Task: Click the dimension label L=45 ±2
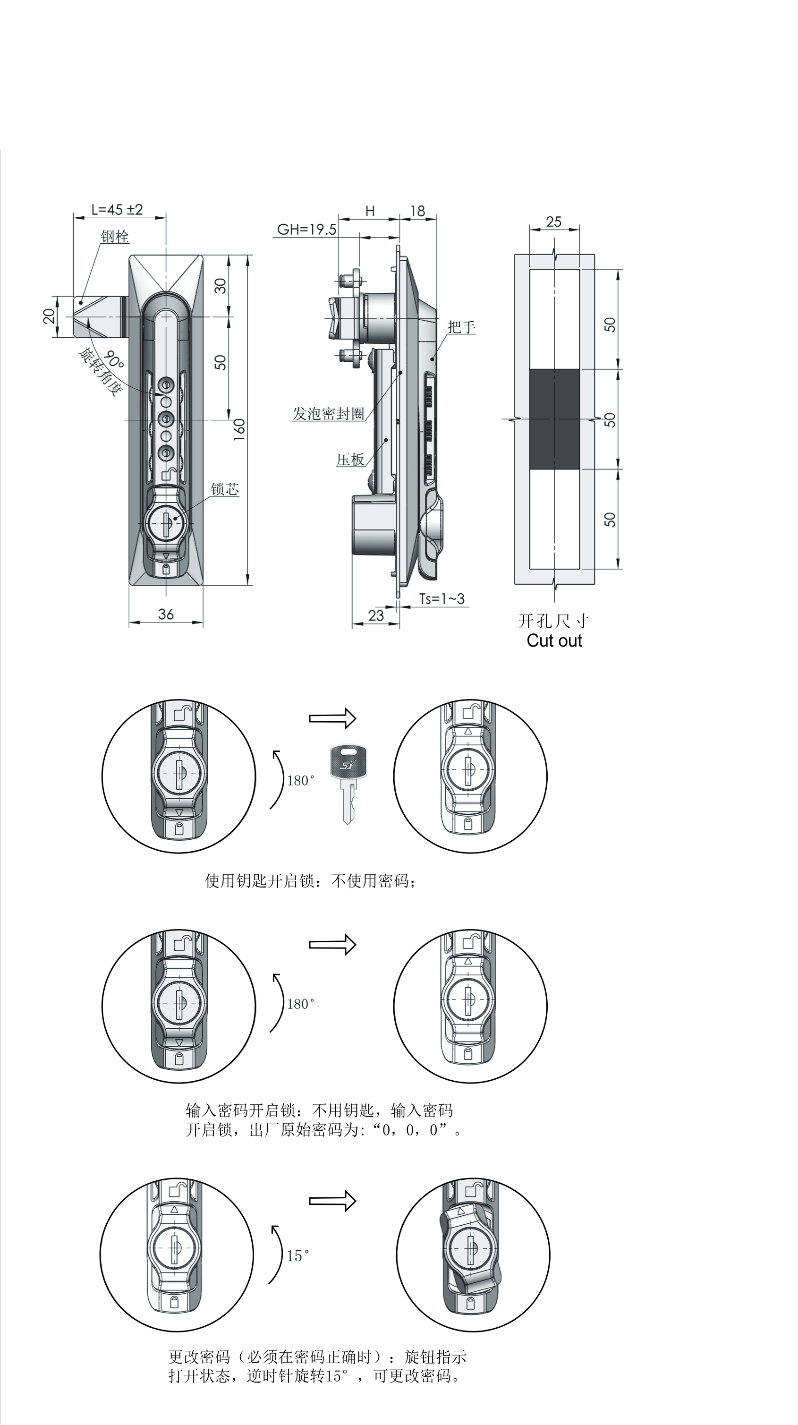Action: click(x=117, y=210)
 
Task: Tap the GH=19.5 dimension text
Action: click(x=306, y=230)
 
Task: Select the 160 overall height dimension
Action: click(x=239, y=429)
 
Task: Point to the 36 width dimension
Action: click(x=166, y=614)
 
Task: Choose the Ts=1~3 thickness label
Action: click(x=442, y=598)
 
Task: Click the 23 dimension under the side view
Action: click(x=376, y=616)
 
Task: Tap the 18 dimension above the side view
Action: click(x=417, y=211)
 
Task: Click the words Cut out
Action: click(x=554, y=640)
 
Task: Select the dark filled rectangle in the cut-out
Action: click(x=555, y=419)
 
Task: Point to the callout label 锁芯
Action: click(x=224, y=490)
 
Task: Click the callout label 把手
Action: click(x=462, y=327)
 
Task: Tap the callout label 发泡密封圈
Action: click(x=329, y=414)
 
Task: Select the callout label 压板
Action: click(x=351, y=459)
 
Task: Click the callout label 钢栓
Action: click(x=115, y=237)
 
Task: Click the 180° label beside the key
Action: click(x=301, y=781)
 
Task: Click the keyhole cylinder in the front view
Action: click(x=167, y=519)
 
